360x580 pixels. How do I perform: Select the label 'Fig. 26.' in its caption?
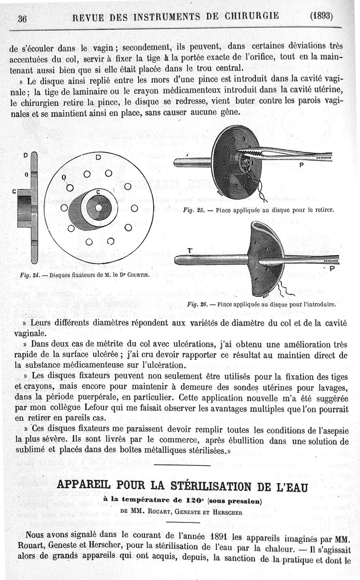click(x=197, y=304)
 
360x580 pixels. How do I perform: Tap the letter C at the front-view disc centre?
click(x=97, y=192)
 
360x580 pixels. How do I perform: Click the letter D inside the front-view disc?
click(x=98, y=157)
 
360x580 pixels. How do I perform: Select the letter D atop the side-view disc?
click(x=26, y=156)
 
